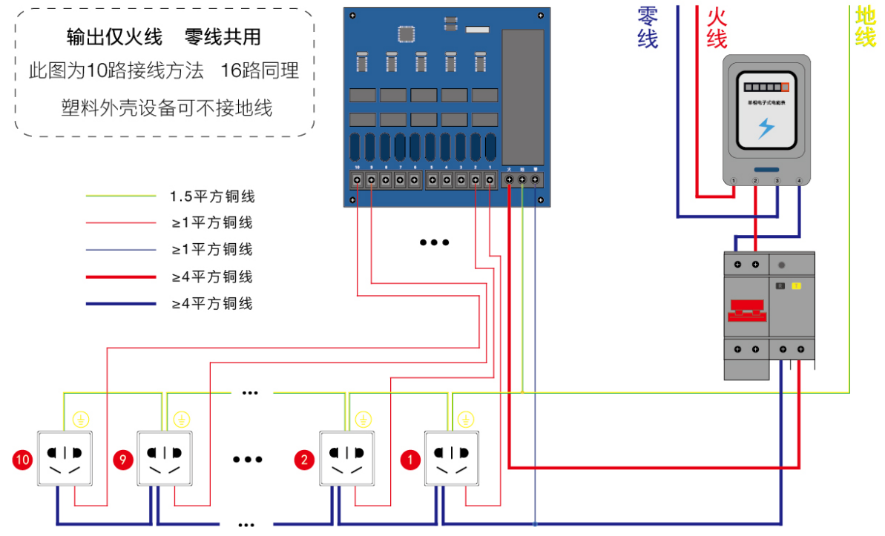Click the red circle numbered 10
click(23, 460)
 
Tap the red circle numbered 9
click(123, 460)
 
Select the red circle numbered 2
click(304, 460)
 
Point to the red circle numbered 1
click(409, 460)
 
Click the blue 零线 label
click(648, 27)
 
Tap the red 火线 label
click(717, 27)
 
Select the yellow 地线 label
click(865, 26)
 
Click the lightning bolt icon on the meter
click(766, 128)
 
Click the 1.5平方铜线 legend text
click(212, 196)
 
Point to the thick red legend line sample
click(121, 277)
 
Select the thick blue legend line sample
click(121, 303)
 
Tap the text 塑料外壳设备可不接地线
click(166, 108)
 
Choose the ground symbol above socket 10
click(81, 420)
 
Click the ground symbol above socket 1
click(466, 420)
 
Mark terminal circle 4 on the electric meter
click(799, 181)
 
